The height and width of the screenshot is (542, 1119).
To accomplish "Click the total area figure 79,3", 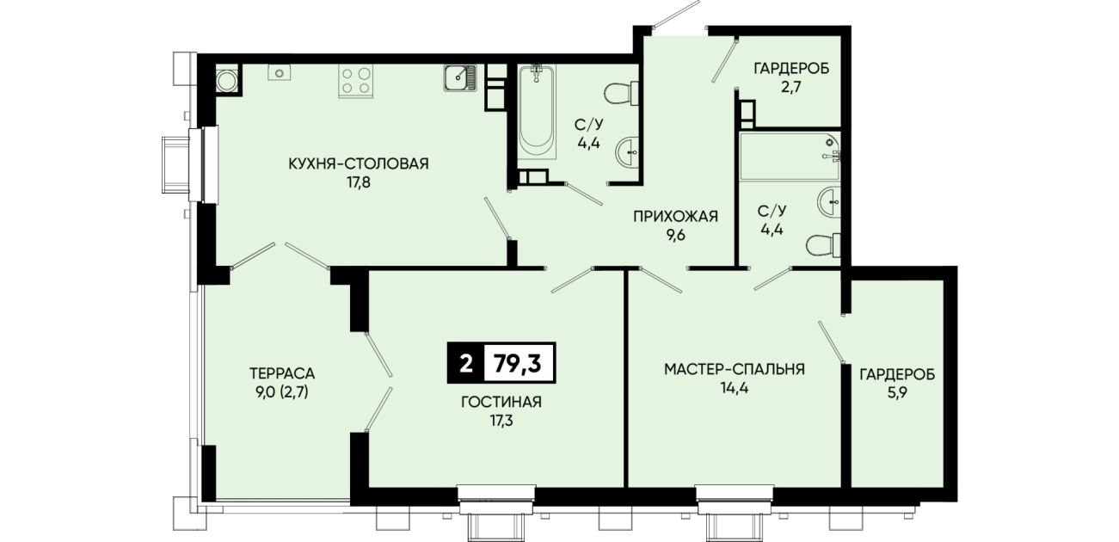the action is (518, 363).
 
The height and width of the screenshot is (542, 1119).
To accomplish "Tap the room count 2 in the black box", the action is (465, 363).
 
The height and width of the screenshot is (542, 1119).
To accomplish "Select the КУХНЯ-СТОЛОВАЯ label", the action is (359, 163).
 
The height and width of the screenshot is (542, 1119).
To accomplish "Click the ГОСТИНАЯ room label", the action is (501, 402).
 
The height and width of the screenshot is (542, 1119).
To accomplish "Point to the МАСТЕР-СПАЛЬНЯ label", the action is (735, 369).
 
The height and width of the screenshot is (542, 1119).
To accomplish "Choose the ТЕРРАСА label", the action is (282, 373).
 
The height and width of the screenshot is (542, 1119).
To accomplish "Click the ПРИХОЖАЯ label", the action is (675, 217).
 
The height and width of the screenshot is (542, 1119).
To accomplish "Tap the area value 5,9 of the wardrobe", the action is (897, 393).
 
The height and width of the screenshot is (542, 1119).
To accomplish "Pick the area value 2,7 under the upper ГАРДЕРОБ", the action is (791, 88).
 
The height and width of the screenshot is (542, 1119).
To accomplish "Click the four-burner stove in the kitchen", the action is (356, 82).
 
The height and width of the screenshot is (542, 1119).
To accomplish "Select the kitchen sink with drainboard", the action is (460, 78).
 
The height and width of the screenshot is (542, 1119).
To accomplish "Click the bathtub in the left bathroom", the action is (536, 113).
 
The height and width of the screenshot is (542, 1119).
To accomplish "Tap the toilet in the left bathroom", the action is (622, 94).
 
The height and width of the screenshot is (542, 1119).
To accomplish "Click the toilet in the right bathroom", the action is (823, 246).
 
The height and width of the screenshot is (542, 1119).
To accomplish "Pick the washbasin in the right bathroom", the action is (829, 202).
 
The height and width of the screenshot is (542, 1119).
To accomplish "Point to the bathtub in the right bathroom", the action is (790, 157).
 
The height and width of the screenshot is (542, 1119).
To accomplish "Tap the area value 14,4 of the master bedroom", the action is (735, 388).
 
